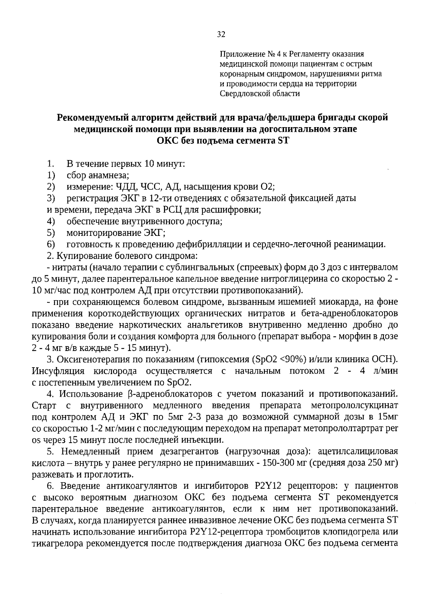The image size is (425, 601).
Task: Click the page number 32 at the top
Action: click(x=221, y=34)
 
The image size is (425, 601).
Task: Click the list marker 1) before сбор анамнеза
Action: click(x=51, y=175)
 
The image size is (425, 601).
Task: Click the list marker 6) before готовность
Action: click(x=51, y=244)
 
